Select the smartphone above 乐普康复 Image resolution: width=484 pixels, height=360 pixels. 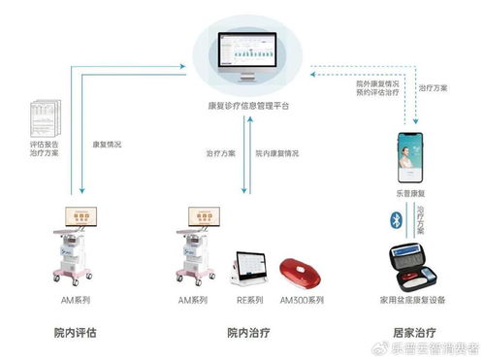point(414,157)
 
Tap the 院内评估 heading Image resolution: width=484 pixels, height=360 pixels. point(76,332)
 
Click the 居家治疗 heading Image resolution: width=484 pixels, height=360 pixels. point(414,332)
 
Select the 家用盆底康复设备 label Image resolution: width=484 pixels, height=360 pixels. point(415,301)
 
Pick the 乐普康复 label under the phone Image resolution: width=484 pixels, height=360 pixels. point(414,195)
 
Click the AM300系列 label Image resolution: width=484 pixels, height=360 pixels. point(302,301)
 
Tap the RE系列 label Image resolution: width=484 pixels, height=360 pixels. point(250,301)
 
